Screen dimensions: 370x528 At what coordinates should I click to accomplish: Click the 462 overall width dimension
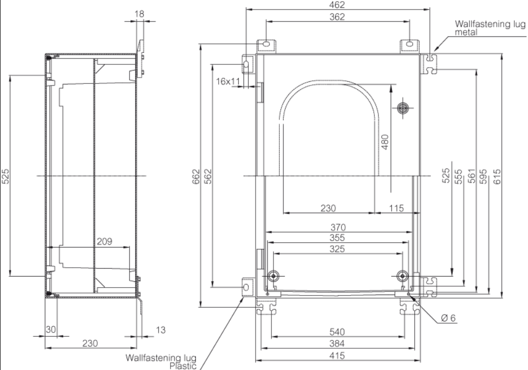point(337,5)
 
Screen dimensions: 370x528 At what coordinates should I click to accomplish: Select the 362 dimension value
point(337,17)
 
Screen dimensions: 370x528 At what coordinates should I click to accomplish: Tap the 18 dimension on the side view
point(139,13)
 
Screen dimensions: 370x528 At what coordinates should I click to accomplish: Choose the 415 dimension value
point(337,356)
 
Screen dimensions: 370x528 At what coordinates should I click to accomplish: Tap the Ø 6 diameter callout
point(448,318)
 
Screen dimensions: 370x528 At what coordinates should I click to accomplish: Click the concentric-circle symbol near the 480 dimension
point(403,107)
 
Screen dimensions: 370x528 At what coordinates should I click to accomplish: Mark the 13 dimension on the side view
point(159,330)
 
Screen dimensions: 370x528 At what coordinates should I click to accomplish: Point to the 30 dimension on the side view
point(51,329)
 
